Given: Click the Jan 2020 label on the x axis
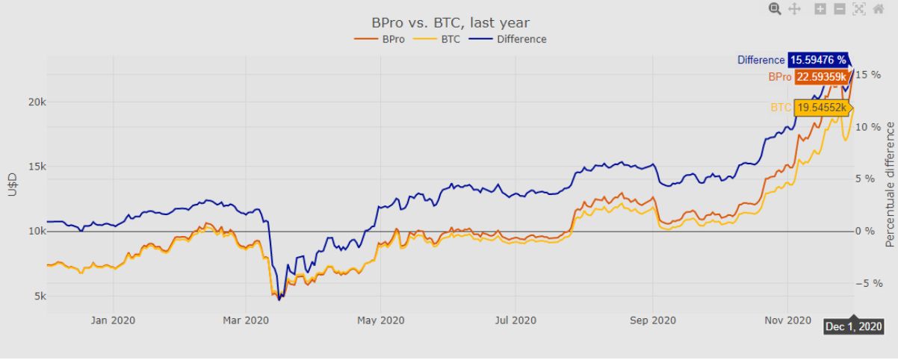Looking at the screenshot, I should tap(113, 321).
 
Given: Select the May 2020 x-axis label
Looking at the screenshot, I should tap(380, 321).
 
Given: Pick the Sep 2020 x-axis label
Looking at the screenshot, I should tap(652, 321).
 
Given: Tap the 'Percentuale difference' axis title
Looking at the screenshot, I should tap(890, 184).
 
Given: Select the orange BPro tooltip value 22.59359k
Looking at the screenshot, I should tap(820, 77).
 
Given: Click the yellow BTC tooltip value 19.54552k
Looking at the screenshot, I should tap(822, 108).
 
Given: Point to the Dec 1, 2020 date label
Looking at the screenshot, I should tap(854, 327).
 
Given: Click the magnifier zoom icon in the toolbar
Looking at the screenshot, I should tap(775, 9).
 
